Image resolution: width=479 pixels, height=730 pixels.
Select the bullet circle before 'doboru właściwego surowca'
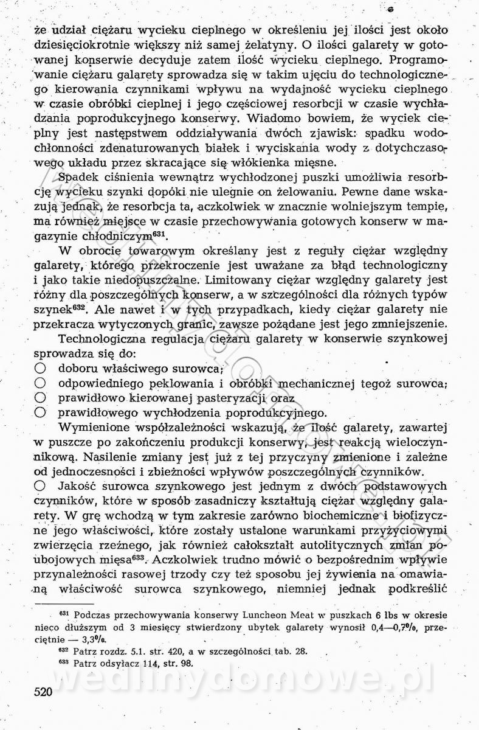40,369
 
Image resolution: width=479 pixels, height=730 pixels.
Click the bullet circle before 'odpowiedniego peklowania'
40,383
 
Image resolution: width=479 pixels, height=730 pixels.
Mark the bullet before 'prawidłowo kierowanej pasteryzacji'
40,398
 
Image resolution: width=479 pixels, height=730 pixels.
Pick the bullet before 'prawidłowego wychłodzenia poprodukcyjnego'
40,412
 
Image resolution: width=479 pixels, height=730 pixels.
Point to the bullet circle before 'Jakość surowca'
40,486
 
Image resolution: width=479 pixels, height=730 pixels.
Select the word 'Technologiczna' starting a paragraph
106,339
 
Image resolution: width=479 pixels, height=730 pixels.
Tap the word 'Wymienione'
97,428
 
